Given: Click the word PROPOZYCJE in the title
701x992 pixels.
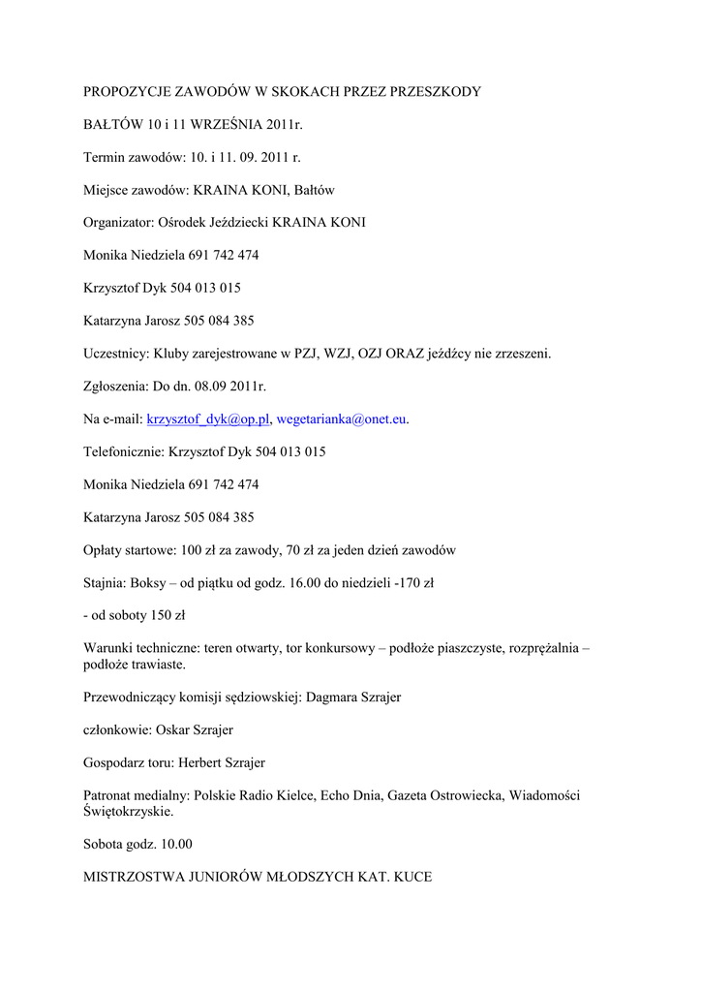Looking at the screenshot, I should [x=127, y=92].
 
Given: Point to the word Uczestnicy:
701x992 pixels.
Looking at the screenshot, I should [x=117, y=354].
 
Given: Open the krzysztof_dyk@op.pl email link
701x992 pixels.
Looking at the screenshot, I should [x=207, y=419].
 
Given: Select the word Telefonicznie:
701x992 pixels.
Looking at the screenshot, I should [x=124, y=451].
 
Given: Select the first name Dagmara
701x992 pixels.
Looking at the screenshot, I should [x=331, y=697].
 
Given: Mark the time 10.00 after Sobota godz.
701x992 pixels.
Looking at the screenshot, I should [x=174, y=844].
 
